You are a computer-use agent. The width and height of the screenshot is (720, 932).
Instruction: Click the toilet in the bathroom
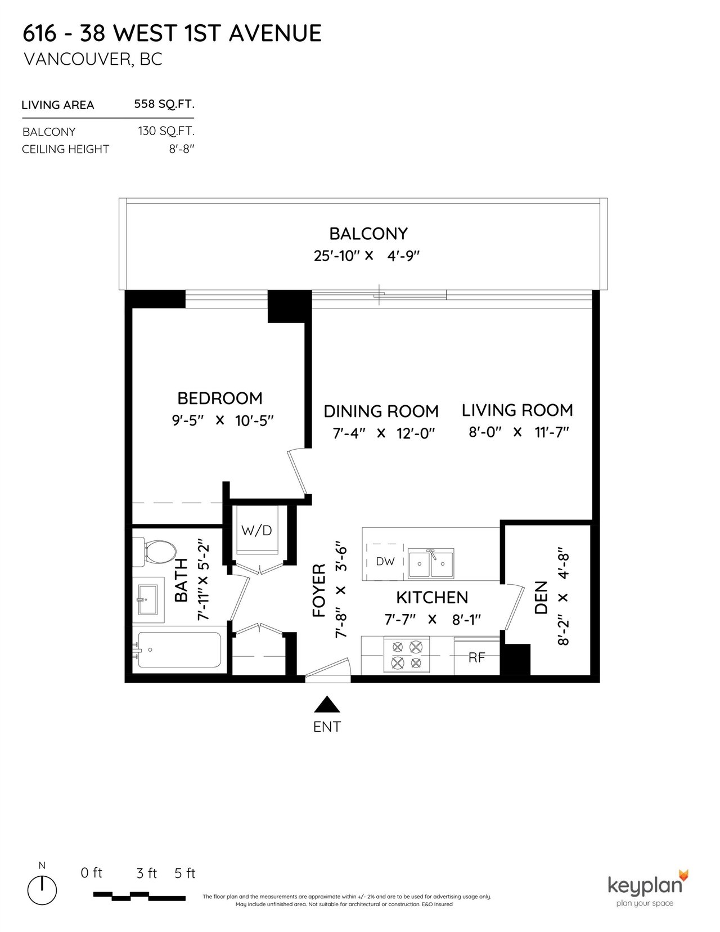click(x=155, y=551)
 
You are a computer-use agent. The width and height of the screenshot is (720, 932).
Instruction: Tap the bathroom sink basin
click(x=147, y=599)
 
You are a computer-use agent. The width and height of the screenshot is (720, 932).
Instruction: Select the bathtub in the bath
click(x=178, y=650)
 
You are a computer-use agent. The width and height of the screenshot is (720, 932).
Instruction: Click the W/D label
click(x=256, y=531)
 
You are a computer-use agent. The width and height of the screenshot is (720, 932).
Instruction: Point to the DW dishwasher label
click(x=385, y=561)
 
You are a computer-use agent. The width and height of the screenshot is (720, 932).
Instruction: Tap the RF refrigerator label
click(x=476, y=657)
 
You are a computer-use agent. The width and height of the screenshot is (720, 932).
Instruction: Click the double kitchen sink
click(x=431, y=563)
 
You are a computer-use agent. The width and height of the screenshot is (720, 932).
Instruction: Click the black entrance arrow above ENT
click(x=327, y=704)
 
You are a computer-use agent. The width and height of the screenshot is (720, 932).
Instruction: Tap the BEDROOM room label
click(x=220, y=398)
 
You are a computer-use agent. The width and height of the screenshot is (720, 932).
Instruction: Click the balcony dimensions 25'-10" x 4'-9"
click(x=366, y=256)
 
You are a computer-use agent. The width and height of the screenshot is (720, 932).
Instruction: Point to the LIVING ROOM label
click(x=517, y=410)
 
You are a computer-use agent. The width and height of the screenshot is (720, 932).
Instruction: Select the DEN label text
click(x=541, y=598)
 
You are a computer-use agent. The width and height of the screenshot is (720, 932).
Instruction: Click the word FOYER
click(x=319, y=590)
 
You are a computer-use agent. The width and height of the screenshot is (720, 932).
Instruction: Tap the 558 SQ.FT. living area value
click(x=164, y=104)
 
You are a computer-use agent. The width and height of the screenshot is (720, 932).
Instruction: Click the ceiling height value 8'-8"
click(x=182, y=149)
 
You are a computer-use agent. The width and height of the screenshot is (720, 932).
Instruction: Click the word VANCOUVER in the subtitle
click(x=78, y=59)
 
